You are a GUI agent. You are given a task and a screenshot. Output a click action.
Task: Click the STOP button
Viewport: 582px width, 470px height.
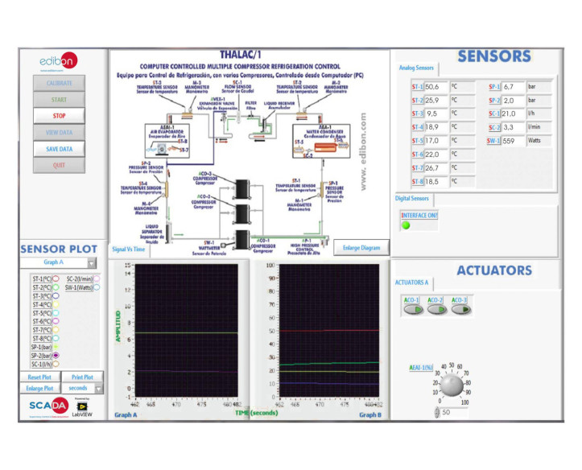click(x=59, y=116)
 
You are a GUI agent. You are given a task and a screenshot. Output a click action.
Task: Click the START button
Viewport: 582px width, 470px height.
click(x=59, y=100)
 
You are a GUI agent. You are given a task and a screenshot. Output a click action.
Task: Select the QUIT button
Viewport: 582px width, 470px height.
click(x=59, y=165)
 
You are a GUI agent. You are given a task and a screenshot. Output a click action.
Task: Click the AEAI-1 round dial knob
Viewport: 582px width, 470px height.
click(x=452, y=386)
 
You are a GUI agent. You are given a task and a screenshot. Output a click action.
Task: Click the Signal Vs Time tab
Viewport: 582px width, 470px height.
click(x=129, y=249)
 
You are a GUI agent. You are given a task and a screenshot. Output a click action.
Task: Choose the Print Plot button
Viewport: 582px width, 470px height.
click(x=81, y=377)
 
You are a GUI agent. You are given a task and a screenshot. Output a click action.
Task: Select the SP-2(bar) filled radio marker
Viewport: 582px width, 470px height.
click(x=56, y=355)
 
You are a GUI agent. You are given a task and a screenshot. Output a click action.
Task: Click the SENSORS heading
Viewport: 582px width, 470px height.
click(x=494, y=56)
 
